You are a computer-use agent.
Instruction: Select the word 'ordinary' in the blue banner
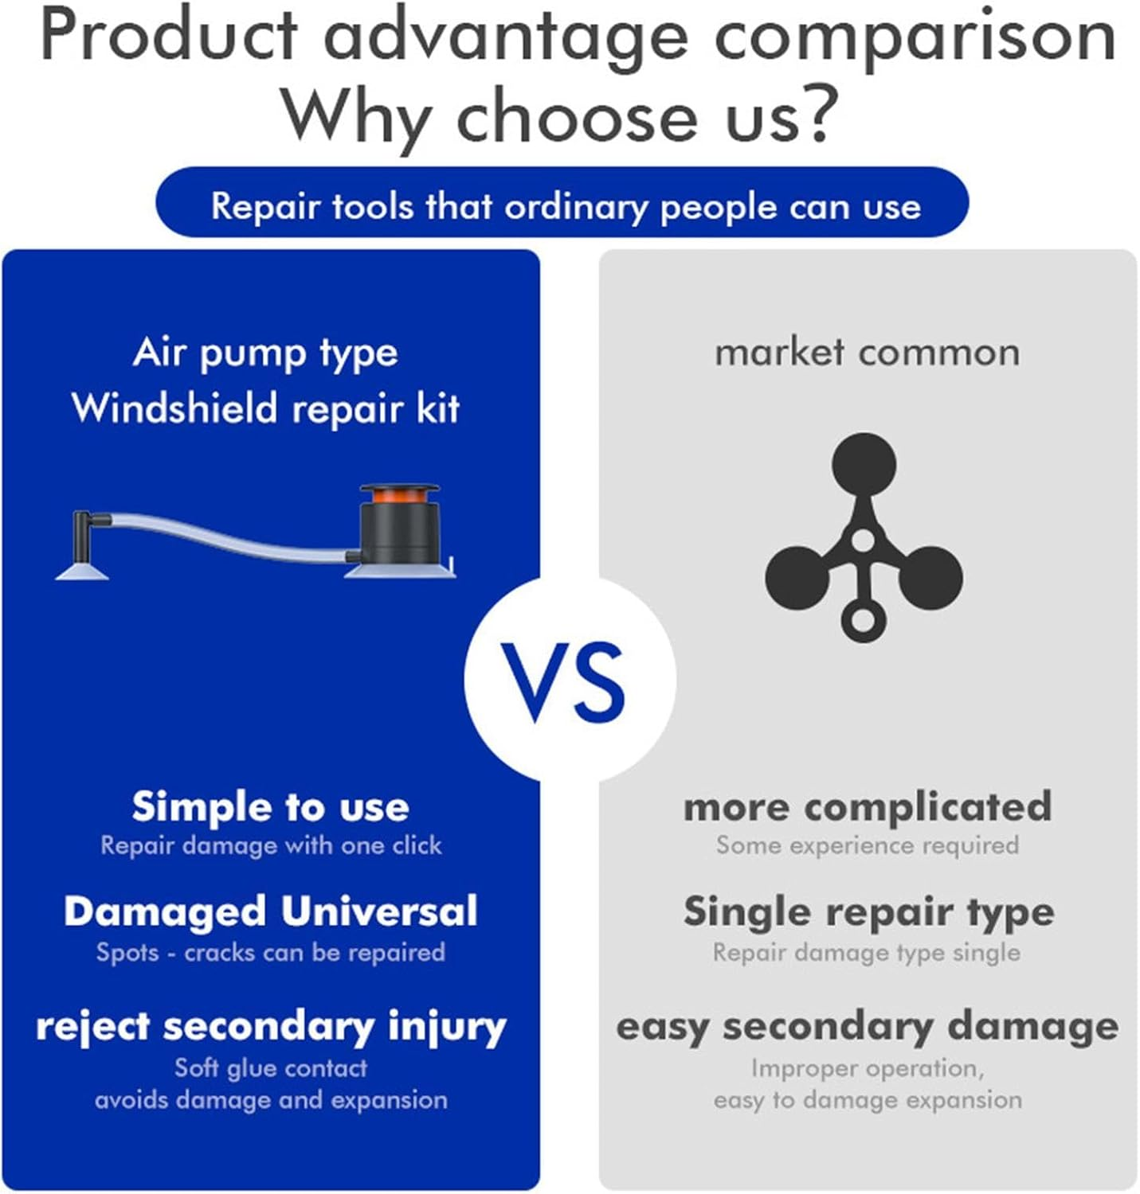coord(575,207)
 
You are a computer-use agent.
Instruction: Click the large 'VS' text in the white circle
coord(562,682)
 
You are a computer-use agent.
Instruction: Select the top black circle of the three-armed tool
coord(864,465)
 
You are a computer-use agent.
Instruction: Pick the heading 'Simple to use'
coord(271,808)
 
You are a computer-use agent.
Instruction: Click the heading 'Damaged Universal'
coord(271,911)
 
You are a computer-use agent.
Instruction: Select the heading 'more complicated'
coord(868,808)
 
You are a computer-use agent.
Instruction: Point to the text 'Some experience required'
coord(868,845)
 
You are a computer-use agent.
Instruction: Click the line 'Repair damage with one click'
coord(271,845)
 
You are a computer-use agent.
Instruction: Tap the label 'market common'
coord(867,353)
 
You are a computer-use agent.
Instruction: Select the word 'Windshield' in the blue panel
coord(175,408)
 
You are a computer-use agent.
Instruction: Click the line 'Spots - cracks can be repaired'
coord(271,953)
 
